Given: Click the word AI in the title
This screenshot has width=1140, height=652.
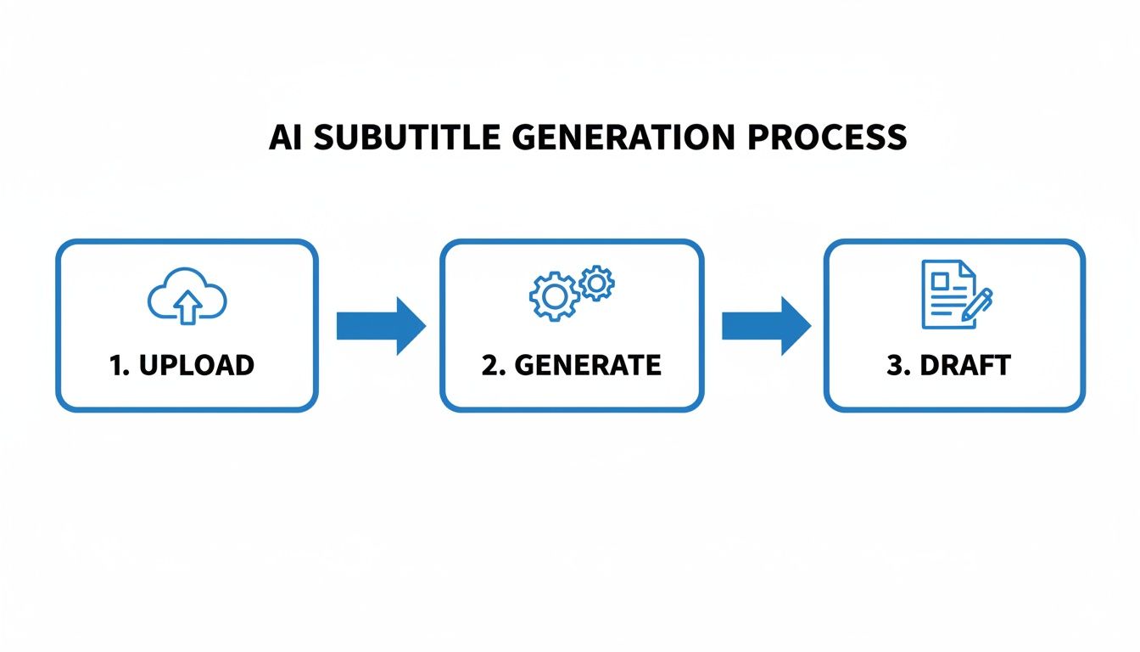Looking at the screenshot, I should click(x=287, y=138).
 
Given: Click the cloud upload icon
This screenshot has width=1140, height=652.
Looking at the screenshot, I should click(x=187, y=298).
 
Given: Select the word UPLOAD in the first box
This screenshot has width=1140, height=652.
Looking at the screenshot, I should click(x=196, y=365).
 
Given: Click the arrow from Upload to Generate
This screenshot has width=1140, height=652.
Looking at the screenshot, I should click(x=380, y=326).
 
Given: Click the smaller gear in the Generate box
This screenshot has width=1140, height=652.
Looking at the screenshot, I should click(x=597, y=282).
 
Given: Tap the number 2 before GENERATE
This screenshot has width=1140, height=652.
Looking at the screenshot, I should click(x=489, y=365).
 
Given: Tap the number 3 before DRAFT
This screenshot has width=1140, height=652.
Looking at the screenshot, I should click(x=895, y=365).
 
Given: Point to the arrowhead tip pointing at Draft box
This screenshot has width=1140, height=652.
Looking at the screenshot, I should click(x=808, y=326).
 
